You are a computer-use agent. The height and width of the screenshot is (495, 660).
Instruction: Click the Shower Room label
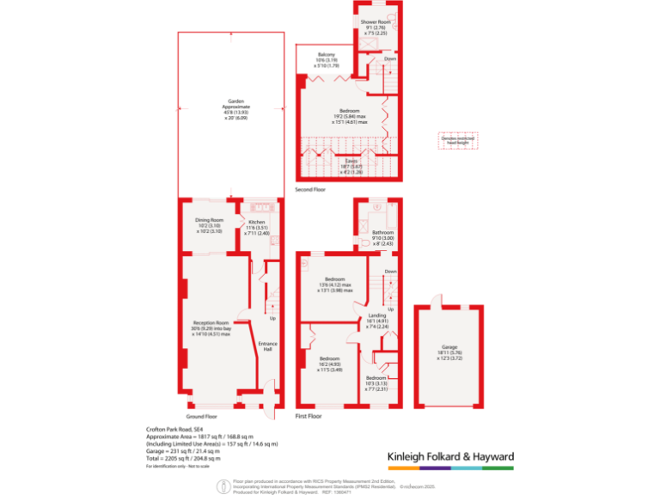coord(376,21)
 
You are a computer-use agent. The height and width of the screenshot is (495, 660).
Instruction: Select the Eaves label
coord(351,160)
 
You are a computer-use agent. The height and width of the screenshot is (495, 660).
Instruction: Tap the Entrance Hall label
coord(266,346)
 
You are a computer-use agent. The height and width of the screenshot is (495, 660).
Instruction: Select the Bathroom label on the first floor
coord(382,233)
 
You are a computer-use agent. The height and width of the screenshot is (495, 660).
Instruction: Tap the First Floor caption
coord(308,416)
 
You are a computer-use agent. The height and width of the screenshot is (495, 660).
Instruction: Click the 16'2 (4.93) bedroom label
coord(331,360)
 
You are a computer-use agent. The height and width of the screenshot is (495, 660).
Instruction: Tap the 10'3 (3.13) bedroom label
coord(376,378)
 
